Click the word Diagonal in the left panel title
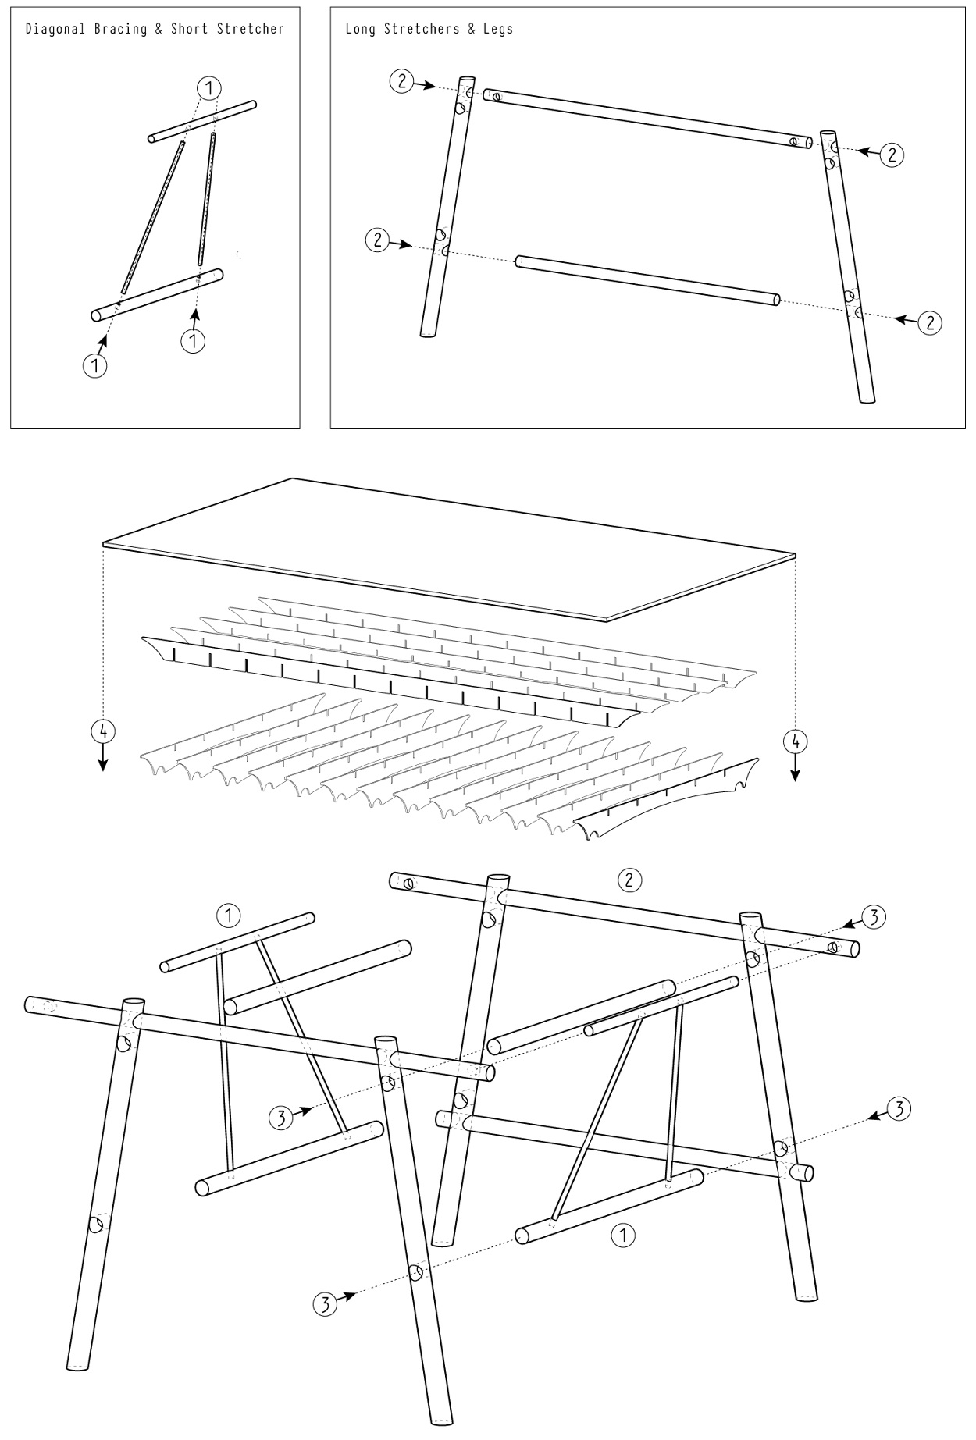(53, 30)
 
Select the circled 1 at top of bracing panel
(209, 88)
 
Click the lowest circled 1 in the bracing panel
(95, 365)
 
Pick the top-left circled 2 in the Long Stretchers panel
(401, 80)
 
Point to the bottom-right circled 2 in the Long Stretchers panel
(929, 322)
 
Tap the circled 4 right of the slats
(795, 740)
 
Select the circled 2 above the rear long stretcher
(629, 880)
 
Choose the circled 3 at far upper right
(874, 918)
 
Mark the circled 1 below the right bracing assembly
(623, 1235)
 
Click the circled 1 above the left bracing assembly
(227, 915)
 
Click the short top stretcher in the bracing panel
(203, 122)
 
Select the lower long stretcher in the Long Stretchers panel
(647, 279)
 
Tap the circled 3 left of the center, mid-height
(281, 1118)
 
